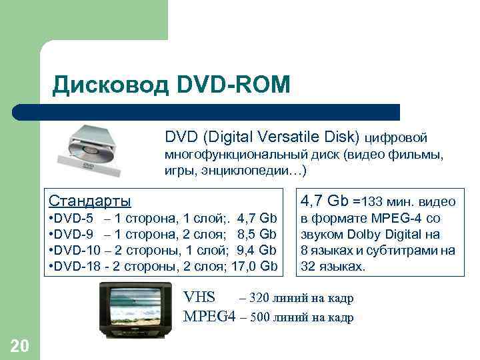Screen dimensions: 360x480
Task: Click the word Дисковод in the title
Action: tap(111, 85)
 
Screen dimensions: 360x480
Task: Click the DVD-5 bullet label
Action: tap(75, 219)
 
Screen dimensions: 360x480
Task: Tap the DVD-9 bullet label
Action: tap(75, 235)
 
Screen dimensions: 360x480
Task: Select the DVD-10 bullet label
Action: tap(78, 251)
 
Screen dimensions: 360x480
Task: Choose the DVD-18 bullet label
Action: tap(78, 267)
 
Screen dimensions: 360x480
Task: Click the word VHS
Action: tap(199, 298)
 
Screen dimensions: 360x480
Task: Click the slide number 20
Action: tap(20, 345)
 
